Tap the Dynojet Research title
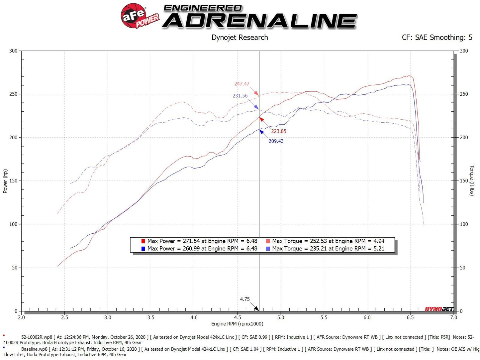[x=240, y=38]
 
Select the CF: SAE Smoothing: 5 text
[x=437, y=38]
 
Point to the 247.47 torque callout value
[x=241, y=84]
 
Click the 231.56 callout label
[x=240, y=96]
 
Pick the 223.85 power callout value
[x=278, y=131]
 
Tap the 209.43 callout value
[x=276, y=141]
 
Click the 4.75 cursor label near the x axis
[x=245, y=299]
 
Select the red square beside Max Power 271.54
[x=143, y=241]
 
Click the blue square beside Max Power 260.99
[x=143, y=249]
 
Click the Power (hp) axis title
[x=5, y=181]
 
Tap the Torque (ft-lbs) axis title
[x=472, y=180]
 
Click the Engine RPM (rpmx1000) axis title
[x=237, y=324]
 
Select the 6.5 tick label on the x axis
[x=410, y=317]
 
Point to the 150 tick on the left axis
[x=13, y=181]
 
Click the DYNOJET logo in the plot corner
[x=439, y=309]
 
